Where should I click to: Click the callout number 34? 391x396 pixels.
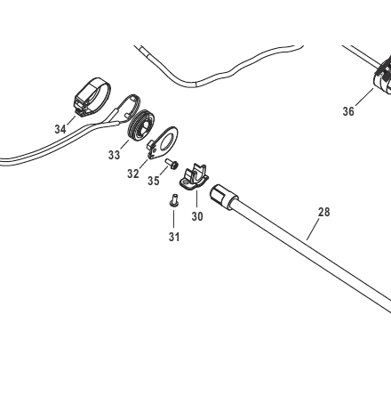60,129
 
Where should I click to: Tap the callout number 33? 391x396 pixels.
114,155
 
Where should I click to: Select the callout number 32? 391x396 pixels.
133,174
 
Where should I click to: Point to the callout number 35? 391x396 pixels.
154,181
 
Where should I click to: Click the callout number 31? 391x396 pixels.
174,237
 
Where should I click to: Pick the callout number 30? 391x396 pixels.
197,216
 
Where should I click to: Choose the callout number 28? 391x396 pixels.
323,212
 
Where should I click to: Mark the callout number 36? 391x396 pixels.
348,111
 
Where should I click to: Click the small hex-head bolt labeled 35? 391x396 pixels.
172,164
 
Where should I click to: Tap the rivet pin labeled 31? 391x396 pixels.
174,200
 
